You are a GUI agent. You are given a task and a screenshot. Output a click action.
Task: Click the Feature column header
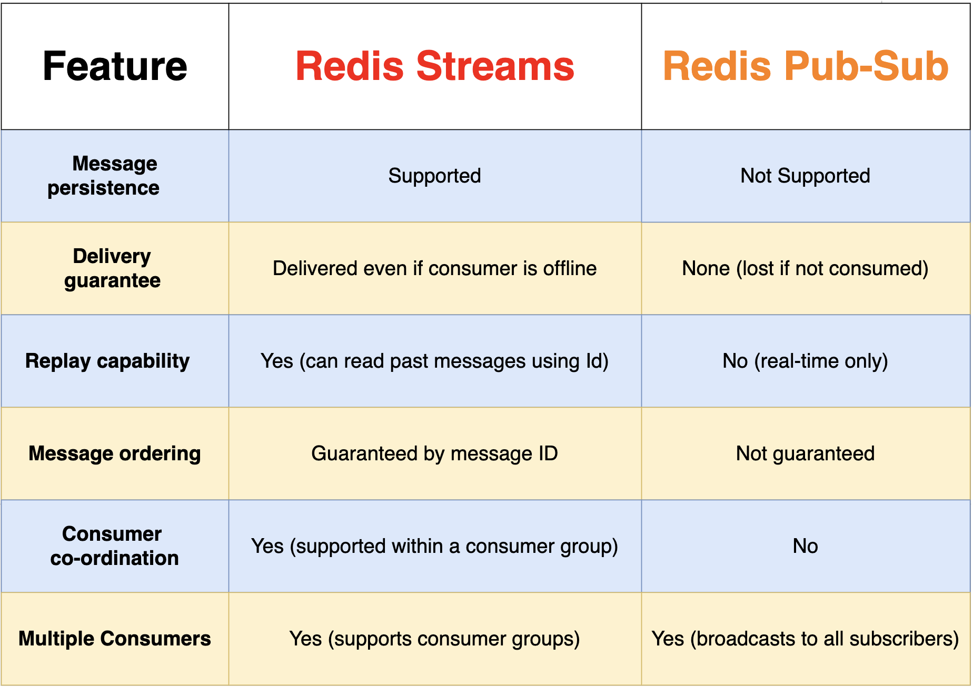tap(115, 66)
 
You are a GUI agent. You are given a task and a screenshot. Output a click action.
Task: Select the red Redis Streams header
tap(434, 66)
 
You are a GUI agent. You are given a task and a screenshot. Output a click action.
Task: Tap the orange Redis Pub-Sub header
tap(805, 66)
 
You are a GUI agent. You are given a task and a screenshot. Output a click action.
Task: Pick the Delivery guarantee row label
tap(112, 268)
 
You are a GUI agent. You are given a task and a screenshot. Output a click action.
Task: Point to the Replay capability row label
tap(107, 361)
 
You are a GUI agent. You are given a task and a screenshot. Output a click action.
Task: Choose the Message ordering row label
tap(114, 453)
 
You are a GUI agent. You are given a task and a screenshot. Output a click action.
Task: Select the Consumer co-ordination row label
tap(114, 546)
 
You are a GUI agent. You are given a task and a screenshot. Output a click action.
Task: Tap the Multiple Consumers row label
tap(114, 639)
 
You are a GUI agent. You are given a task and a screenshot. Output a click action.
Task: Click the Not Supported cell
tap(805, 176)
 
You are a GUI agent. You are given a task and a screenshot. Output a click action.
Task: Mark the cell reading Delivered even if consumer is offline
tap(434, 268)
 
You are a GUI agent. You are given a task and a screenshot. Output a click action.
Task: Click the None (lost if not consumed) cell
tap(805, 268)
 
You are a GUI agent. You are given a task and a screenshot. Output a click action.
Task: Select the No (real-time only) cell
tap(805, 361)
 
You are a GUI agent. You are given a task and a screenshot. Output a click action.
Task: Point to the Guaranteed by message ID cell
tap(434, 453)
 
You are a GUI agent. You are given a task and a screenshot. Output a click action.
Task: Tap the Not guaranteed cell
tap(805, 453)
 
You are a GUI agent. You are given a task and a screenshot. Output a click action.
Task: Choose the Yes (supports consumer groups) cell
tap(434, 639)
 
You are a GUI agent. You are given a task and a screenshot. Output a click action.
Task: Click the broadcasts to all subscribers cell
tap(805, 639)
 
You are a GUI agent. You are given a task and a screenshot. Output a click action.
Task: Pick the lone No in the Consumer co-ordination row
tap(805, 546)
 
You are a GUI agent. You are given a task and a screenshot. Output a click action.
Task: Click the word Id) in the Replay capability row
tap(597, 361)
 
